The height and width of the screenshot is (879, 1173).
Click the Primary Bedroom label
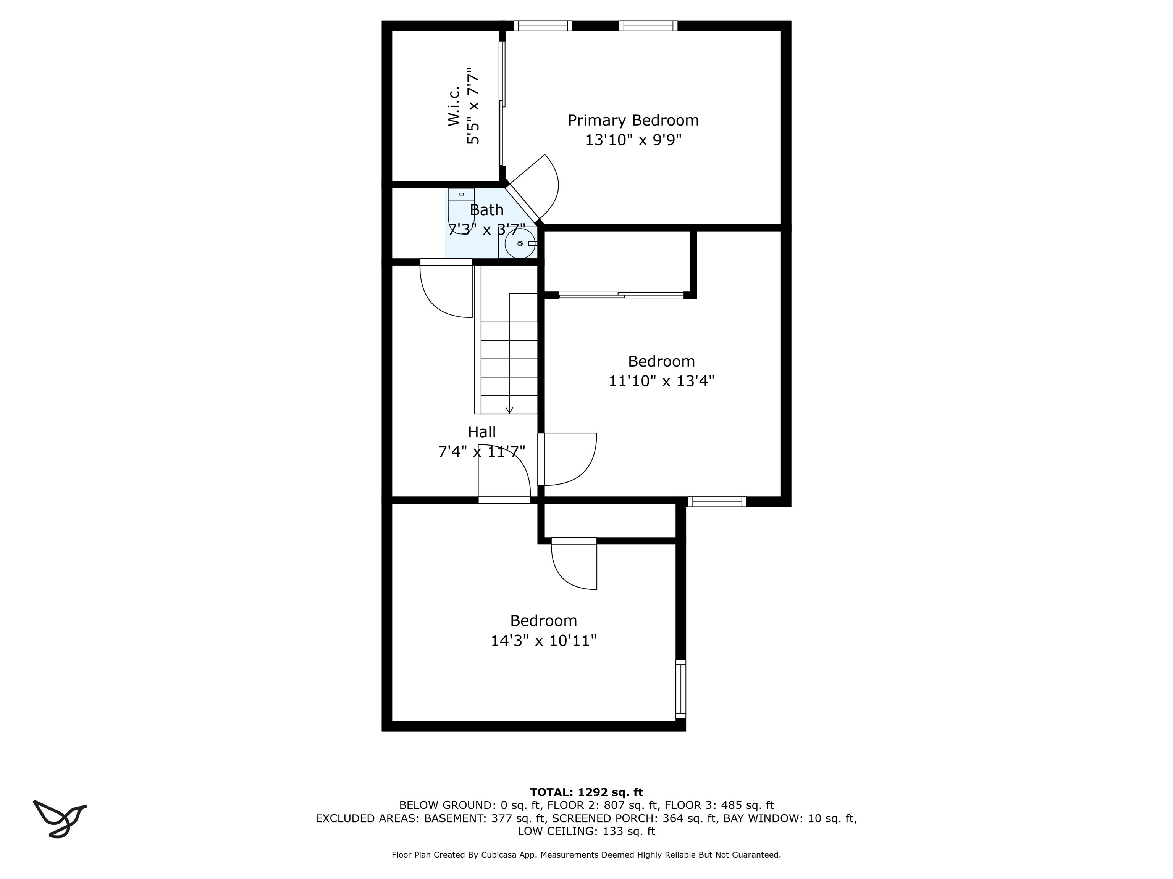tap(633, 120)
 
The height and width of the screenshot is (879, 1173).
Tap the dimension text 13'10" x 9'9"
tap(633, 140)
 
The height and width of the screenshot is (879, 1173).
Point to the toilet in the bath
tap(460, 211)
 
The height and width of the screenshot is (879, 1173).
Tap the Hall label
tap(481, 432)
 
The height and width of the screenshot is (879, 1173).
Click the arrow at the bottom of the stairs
tap(509, 410)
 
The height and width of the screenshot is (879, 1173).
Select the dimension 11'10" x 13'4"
tap(661, 381)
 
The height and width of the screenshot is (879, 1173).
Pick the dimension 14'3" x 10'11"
tap(544, 641)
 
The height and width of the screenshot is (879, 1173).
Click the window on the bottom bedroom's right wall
tap(680, 689)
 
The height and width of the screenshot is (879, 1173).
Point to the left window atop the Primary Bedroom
tap(543, 26)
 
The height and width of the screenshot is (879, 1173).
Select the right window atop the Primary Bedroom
tap(648, 26)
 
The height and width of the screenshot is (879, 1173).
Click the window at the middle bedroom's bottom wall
tap(717, 502)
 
